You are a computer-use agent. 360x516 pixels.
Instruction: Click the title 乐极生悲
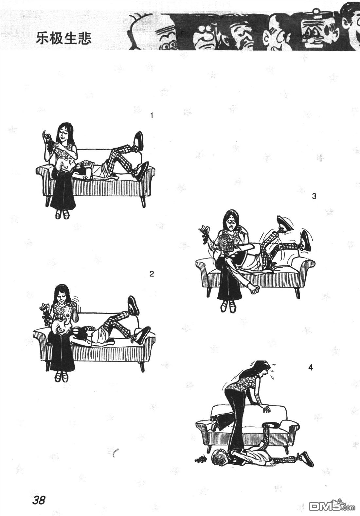(63, 38)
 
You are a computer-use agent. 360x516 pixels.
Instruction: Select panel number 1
(152, 116)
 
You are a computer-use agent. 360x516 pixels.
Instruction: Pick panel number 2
(152, 274)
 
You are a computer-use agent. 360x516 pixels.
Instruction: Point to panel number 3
(314, 197)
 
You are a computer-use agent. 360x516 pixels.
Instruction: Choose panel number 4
(311, 368)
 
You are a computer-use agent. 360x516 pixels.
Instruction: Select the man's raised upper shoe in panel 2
(134, 305)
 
